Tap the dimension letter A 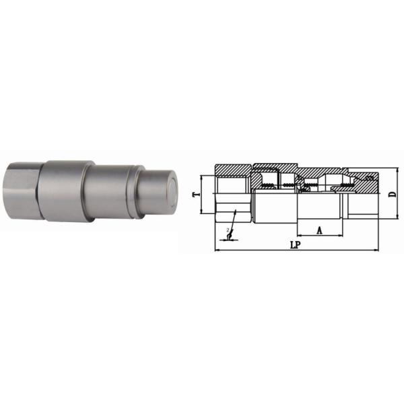tap(319, 230)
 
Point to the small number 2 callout tap(228, 231)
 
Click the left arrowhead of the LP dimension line tap(216, 250)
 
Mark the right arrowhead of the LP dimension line tap(377, 250)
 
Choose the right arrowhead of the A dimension tap(341, 236)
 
